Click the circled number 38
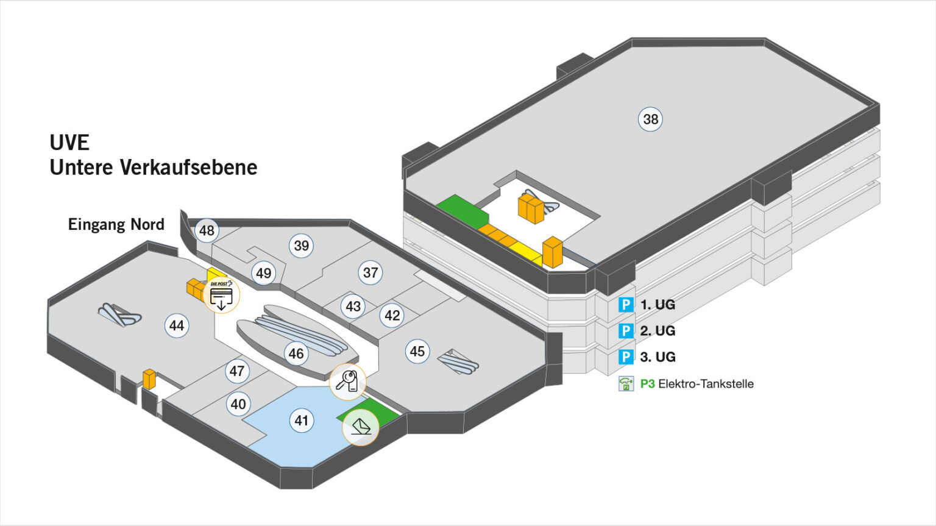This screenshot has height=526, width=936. [x=651, y=119]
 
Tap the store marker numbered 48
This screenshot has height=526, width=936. [x=207, y=230]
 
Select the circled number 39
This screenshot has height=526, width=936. [x=301, y=246]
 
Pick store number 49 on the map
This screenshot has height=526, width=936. [x=263, y=273]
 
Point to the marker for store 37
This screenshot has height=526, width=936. [x=370, y=272]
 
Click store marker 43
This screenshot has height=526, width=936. [x=353, y=306]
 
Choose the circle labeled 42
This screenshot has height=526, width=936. [x=392, y=315]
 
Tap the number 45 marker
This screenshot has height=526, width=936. [x=417, y=351]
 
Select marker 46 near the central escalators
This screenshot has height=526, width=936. [x=296, y=354]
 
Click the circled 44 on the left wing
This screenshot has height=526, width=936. [x=177, y=325]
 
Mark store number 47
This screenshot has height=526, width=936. [x=237, y=371]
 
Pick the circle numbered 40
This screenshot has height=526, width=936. [x=238, y=403]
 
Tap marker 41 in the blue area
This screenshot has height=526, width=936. [x=302, y=420]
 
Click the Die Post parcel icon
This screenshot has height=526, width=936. [x=221, y=295]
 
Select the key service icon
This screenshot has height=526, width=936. [x=347, y=382]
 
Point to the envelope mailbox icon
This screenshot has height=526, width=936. [x=361, y=427]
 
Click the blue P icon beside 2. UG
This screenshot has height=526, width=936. [x=626, y=330]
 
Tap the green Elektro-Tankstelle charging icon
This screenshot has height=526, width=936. [x=626, y=383]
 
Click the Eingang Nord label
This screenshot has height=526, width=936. [x=116, y=224]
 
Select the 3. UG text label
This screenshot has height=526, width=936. [x=658, y=357]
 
